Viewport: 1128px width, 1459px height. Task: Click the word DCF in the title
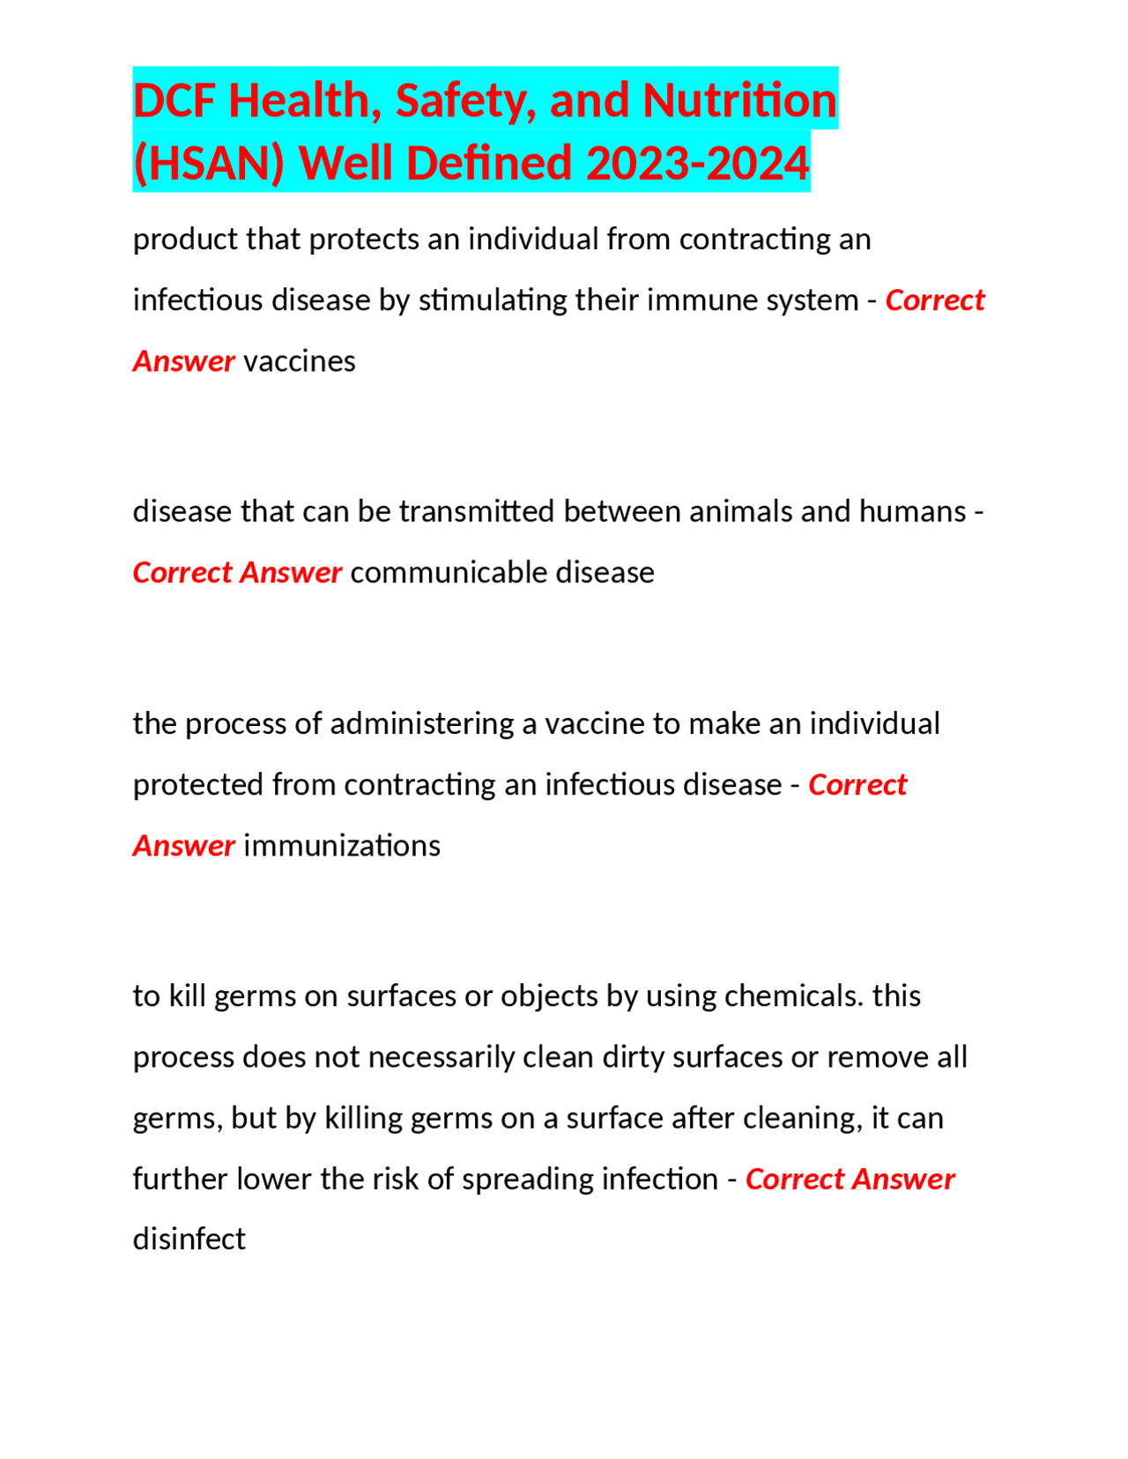click(x=175, y=100)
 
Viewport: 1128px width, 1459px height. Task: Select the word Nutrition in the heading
click(x=739, y=100)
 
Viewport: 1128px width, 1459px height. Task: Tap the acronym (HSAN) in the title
click(x=209, y=163)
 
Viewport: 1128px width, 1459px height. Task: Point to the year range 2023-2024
click(x=697, y=163)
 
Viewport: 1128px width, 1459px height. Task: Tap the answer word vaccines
click(x=300, y=361)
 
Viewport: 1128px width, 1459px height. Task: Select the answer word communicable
click(x=449, y=573)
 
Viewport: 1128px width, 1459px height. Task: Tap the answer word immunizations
click(x=342, y=846)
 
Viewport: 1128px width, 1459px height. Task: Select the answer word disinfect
click(x=189, y=1240)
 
